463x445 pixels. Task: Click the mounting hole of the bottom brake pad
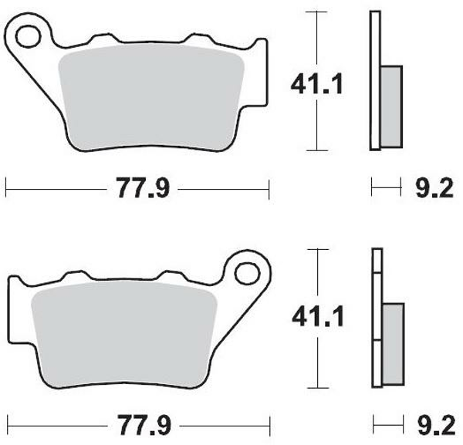pos(247,272)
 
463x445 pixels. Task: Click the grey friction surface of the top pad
pos(152,93)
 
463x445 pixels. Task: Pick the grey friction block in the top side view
pos(392,106)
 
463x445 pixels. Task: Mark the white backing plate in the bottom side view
pos(377,278)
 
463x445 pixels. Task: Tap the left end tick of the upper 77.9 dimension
pos(6,187)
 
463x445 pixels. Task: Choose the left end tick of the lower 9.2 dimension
pos(372,424)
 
